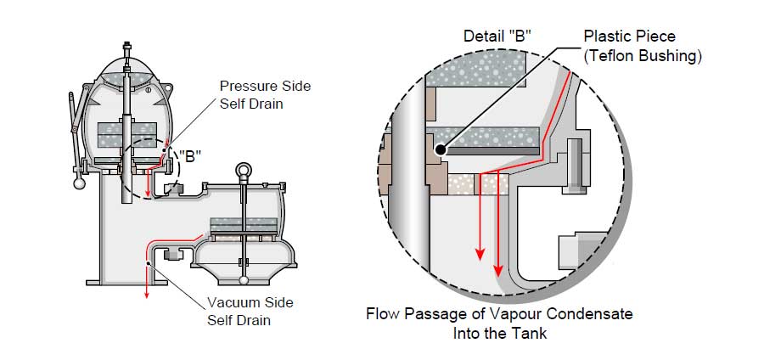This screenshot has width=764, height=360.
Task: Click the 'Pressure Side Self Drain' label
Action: point(264,94)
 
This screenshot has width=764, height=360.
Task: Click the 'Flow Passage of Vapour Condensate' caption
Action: point(499,314)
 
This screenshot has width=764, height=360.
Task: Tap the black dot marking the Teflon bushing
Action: point(441,150)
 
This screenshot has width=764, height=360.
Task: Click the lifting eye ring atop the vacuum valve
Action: point(244,170)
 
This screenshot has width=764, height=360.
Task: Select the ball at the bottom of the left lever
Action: point(78,182)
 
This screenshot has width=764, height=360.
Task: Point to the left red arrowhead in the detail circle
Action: point(480,256)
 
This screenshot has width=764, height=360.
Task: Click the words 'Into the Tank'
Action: point(499,333)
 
